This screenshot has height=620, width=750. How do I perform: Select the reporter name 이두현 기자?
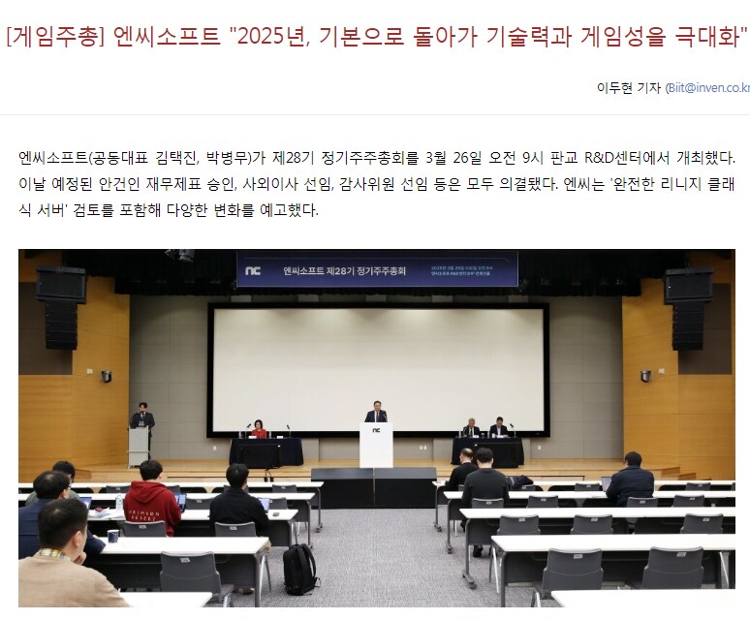tap(629, 87)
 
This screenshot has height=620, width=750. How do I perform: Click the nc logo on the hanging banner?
tap(254, 269)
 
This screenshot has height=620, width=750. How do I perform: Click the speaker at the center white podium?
tap(376, 414)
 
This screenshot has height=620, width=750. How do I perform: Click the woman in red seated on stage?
tap(258, 429)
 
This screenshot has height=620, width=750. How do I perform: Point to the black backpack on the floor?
tap(299, 571)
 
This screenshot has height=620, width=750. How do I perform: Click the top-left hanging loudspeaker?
tap(61, 284)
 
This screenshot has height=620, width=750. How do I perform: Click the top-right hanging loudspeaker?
tap(689, 284)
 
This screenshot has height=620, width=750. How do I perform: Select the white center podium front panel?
tap(376, 446)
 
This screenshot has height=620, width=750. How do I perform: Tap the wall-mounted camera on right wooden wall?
tap(644, 375)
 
